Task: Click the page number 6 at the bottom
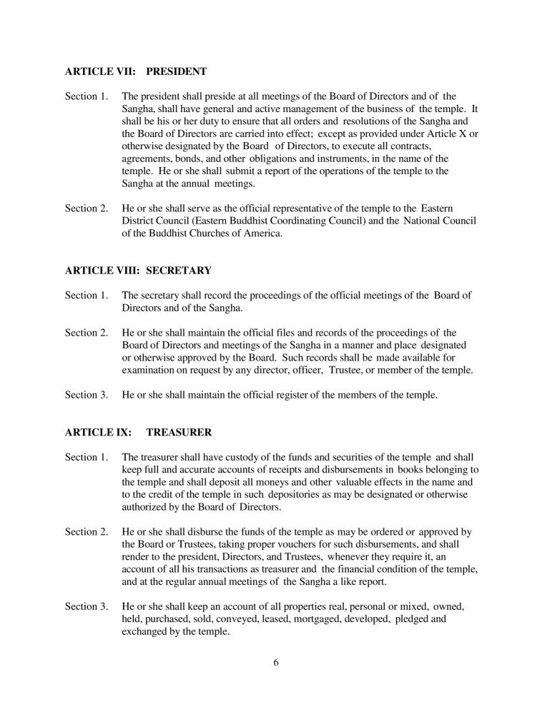[276, 661]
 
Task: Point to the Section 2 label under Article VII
[86, 208]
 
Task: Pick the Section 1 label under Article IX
[86, 457]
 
